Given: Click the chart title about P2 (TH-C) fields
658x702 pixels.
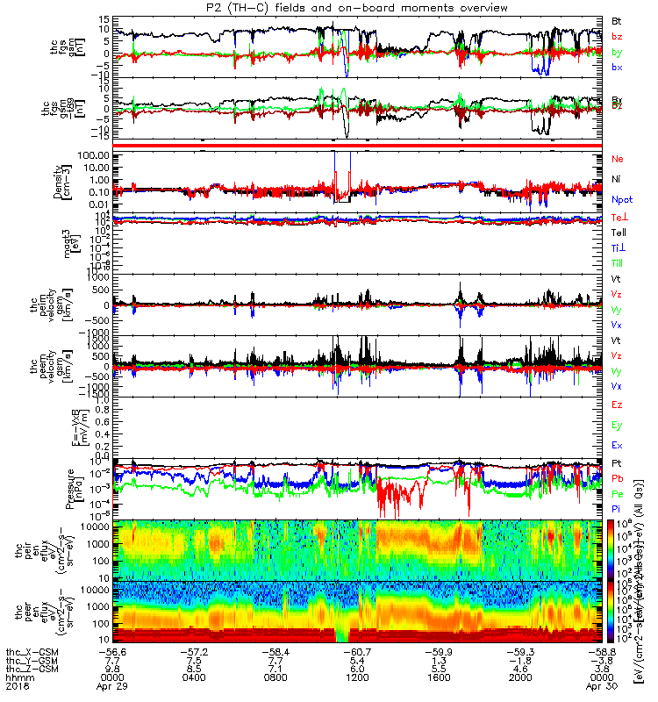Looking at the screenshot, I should [350, 7].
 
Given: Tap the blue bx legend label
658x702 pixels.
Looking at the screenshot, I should [617, 68].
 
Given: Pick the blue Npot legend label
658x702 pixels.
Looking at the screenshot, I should [622, 199].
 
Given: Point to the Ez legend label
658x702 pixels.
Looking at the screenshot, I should [617, 405].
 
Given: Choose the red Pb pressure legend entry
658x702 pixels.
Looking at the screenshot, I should [618, 478].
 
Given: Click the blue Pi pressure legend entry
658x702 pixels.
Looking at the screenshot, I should [617, 510].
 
